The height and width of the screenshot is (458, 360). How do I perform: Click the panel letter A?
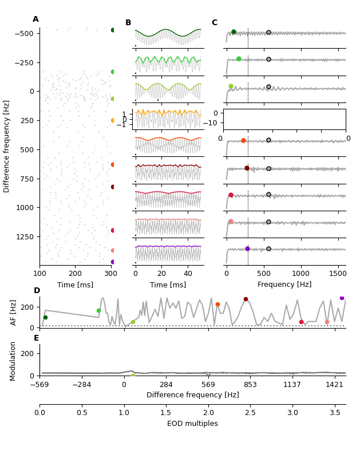click(35, 19)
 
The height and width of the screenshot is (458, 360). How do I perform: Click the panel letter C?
click(215, 23)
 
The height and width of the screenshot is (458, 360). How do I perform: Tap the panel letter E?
click(37, 338)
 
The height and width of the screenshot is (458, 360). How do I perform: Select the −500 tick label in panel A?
click(23, 33)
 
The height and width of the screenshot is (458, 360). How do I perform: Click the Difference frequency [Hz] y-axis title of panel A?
click(7, 146)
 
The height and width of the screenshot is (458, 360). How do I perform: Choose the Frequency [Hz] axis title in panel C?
click(284, 285)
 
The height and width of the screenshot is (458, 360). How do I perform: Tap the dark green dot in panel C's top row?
click(234, 32)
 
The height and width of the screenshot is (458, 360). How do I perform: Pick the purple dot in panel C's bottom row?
click(247, 248)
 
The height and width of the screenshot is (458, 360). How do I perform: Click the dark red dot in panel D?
click(246, 299)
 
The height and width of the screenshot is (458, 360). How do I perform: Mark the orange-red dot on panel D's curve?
click(217, 304)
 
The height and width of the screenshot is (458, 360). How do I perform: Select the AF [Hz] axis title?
click(14, 312)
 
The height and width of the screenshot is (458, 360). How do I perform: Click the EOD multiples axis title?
click(192, 424)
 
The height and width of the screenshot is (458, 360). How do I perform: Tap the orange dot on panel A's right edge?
click(112, 120)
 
